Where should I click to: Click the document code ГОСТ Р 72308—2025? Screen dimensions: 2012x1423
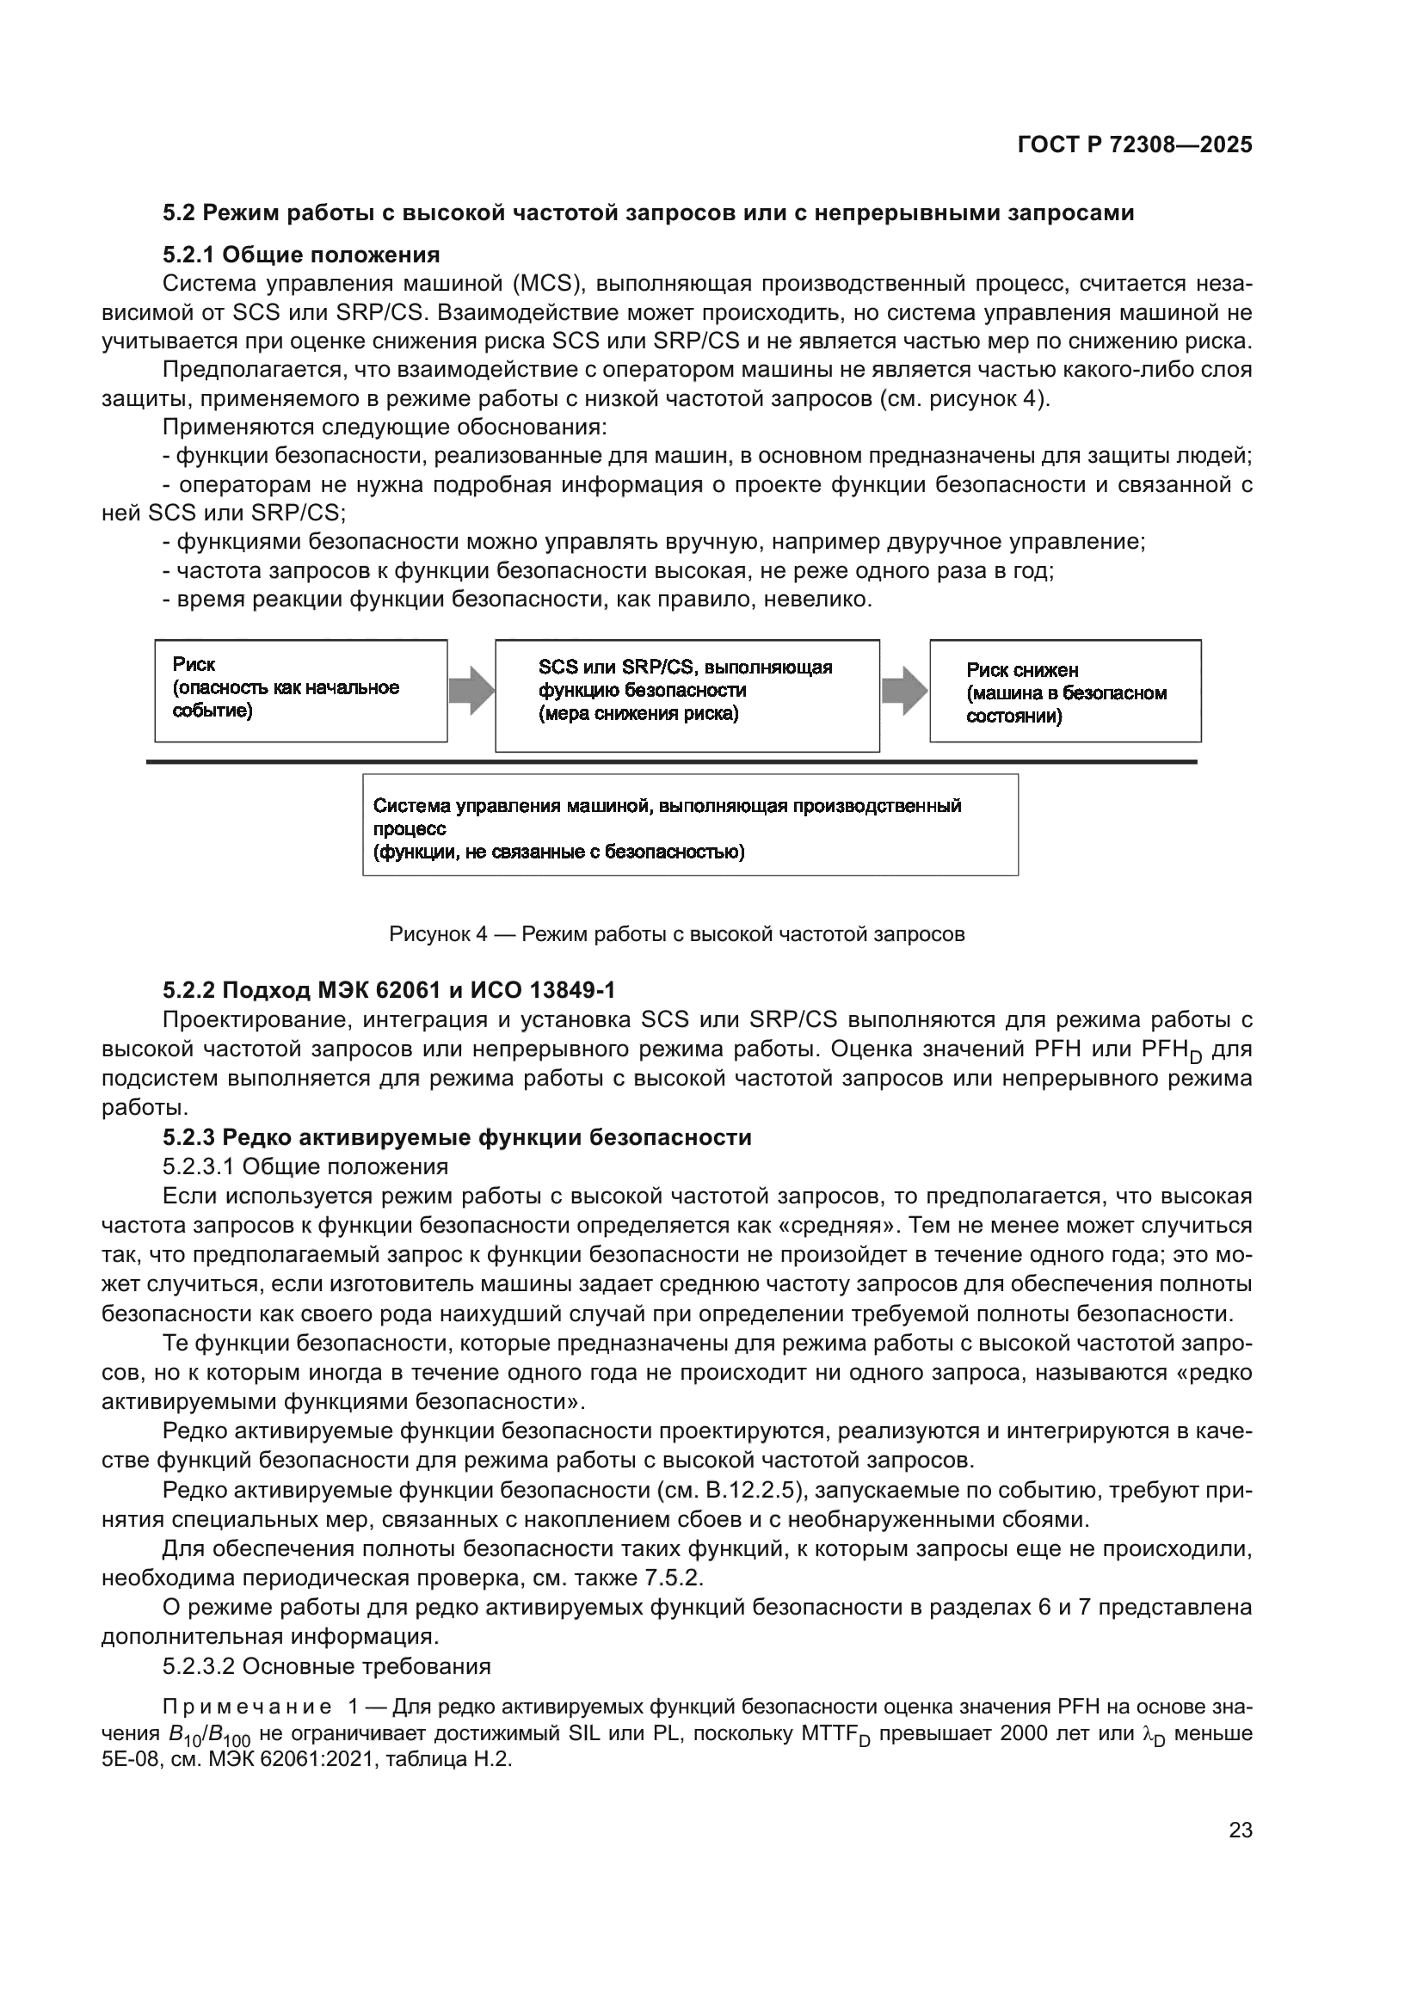1135,145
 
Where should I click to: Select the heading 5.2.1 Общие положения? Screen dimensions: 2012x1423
300,255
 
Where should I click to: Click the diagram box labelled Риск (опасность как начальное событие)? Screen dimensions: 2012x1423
300,691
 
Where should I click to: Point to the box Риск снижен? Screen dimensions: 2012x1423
1064,692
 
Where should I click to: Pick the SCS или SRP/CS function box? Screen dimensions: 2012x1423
687,695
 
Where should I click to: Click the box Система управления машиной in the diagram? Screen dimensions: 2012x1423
690,825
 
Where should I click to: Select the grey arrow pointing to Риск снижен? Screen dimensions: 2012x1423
904,691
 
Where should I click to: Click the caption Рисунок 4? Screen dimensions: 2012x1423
676,934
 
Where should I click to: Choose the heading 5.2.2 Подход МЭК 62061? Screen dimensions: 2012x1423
388,990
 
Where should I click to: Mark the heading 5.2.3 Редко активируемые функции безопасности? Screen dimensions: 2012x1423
457,1137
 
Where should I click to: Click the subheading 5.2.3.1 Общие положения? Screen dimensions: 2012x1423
305,1166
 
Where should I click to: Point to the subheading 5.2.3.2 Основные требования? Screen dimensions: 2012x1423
326,1666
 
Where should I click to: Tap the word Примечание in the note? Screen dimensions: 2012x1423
247,1706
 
